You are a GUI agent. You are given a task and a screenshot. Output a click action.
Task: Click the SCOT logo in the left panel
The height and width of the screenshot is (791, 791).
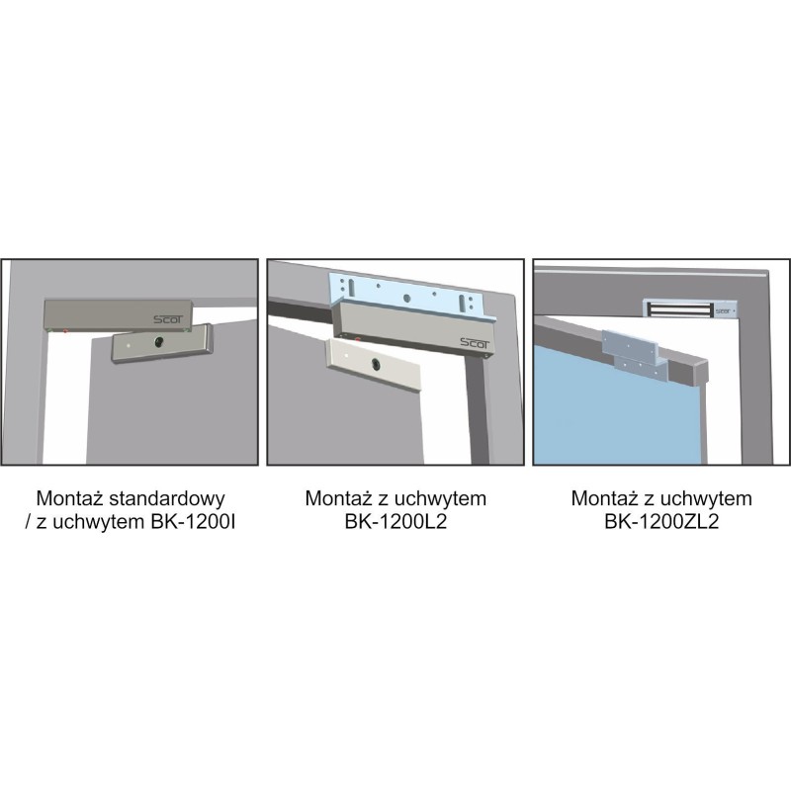(x=169, y=318)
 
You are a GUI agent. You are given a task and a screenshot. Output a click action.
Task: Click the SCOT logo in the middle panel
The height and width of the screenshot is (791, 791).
(x=475, y=343)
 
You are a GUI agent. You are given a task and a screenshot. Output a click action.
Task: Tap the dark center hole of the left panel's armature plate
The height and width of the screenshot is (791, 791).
(x=159, y=342)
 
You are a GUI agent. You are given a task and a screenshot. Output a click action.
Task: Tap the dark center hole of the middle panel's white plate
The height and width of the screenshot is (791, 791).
(x=376, y=363)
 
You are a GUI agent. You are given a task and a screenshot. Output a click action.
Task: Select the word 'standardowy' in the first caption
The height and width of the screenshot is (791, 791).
(x=167, y=498)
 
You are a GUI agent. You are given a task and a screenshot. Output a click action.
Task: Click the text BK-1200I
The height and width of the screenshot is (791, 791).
(x=193, y=522)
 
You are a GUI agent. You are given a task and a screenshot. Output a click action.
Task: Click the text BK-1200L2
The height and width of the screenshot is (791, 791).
(x=396, y=522)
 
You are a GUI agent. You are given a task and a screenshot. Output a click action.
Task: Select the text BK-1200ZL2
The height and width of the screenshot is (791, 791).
(x=661, y=522)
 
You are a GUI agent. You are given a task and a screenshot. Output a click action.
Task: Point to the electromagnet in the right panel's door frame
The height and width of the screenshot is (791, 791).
(x=690, y=308)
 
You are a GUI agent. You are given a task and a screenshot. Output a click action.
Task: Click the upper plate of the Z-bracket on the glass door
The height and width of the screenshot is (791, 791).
(x=630, y=344)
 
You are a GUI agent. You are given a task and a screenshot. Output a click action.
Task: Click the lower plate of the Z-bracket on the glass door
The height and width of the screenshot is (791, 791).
(x=642, y=368)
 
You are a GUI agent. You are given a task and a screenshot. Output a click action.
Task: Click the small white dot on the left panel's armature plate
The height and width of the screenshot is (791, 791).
(x=129, y=346)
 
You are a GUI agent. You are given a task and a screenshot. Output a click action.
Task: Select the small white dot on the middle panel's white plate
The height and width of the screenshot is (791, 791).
(x=348, y=356)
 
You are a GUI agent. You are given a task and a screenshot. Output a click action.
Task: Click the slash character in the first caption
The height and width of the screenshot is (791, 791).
(x=28, y=522)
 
